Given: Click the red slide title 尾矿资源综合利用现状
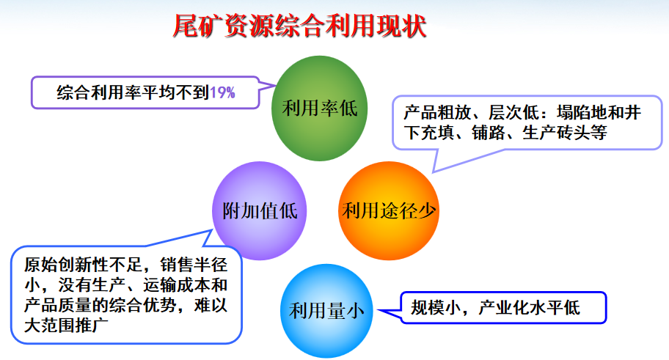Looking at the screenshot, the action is tap(300, 26).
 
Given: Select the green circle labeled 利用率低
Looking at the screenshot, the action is tap(320, 109).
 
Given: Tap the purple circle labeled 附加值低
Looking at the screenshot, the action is tap(260, 210).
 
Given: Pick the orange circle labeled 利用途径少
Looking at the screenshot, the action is tap(389, 210).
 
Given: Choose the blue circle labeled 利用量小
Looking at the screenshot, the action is tap(327, 311).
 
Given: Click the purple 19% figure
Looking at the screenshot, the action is tap(222, 92).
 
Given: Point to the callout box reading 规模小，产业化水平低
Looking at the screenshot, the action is tap(503, 307).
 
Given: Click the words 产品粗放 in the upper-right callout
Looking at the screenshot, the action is tap(437, 113).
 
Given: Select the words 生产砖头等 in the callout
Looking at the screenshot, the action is tap(565, 133).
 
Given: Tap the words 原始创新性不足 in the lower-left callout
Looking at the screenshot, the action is tap(83, 265).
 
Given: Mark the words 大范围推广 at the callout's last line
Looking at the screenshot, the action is tap(66, 326).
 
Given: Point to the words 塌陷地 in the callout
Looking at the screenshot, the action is tap(582, 113).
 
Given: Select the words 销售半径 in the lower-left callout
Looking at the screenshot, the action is tap(194, 265).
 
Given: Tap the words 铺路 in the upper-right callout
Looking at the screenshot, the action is tap(489, 133).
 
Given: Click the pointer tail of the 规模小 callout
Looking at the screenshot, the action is tap(378, 311).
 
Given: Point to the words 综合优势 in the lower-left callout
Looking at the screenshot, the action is tap(143, 306).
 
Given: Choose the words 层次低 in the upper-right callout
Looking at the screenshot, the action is tap(513, 113).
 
